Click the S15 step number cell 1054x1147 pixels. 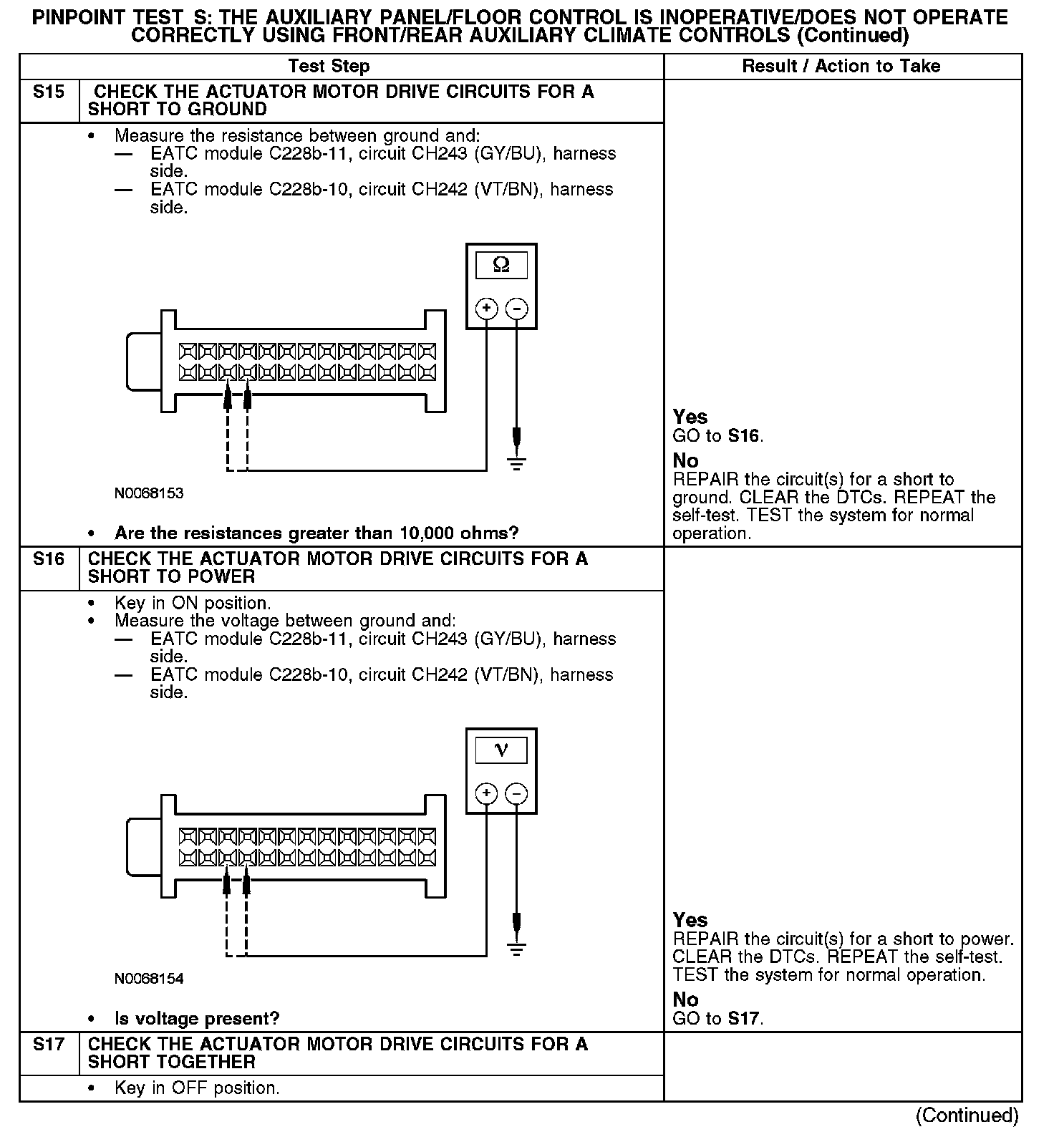pos(49,92)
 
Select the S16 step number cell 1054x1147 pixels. pos(49,559)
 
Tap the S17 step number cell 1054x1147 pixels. pos(49,1045)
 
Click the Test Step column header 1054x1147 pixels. pos(329,67)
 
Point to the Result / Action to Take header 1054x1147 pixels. pos(841,67)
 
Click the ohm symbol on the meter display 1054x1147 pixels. pos(501,266)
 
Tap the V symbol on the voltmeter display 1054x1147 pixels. pos(501,750)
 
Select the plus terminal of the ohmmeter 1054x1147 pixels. pos(487,309)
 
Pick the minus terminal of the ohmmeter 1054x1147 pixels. pos(516,309)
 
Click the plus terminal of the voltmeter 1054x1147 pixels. pos(487,793)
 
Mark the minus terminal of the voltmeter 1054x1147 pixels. pos(516,793)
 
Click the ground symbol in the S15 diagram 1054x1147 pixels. pos(516,463)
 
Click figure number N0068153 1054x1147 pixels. pos(149,494)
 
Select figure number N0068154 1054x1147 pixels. pos(149,979)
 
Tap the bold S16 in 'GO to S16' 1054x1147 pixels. pos(745,436)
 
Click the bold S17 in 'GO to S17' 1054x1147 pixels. pos(745,1019)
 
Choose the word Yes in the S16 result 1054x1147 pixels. pos(690,920)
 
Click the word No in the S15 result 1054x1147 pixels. pos(685,460)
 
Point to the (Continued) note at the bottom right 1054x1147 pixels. pos(967,1115)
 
